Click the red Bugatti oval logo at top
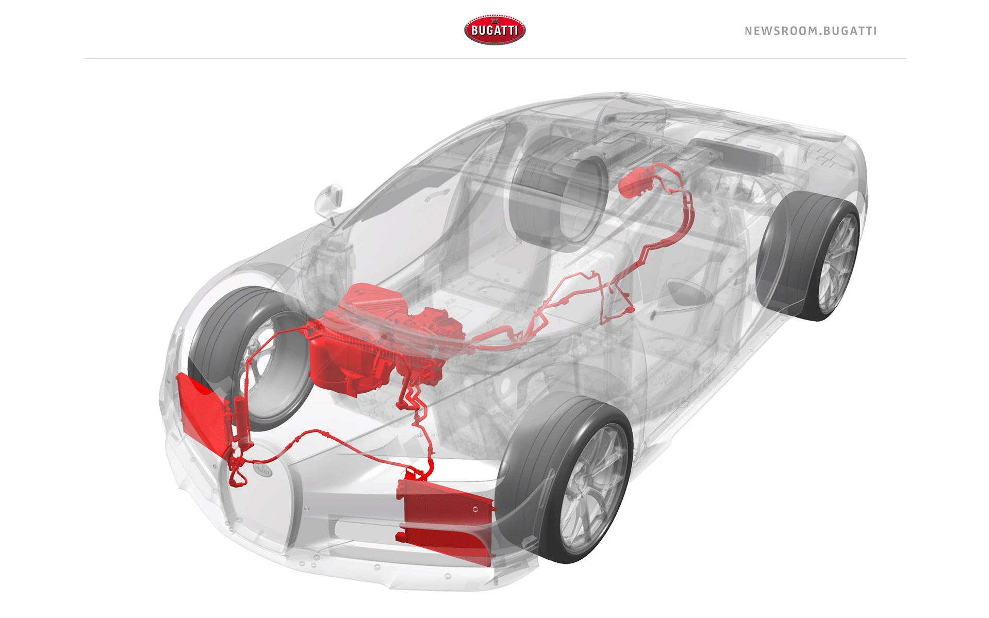494,30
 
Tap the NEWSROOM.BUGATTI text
811,31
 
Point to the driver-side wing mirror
329,201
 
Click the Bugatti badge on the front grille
262,470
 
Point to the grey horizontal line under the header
494,58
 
